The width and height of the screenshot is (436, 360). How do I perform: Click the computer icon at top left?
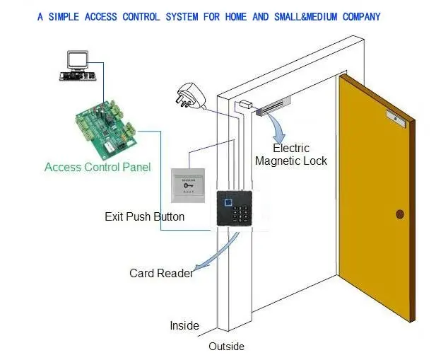click(x=77, y=64)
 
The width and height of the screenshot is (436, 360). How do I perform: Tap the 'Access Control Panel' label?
click(x=97, y=168)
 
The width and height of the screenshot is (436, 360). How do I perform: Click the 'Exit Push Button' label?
click(x=144, y=216)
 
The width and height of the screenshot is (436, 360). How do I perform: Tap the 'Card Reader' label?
click(x=161, y=273)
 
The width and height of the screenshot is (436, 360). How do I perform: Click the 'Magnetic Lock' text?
click(x=291, y=161)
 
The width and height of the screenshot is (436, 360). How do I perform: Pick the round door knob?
click(x=399, y=214)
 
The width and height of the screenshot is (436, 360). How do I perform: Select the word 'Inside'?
click(x=184, y=326)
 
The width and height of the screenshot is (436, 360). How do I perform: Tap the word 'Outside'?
click(x=226, y=347)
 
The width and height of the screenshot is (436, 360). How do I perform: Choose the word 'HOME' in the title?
click(x=236, y=16)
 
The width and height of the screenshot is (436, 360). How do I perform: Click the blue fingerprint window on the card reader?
click(x=225, y=201)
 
